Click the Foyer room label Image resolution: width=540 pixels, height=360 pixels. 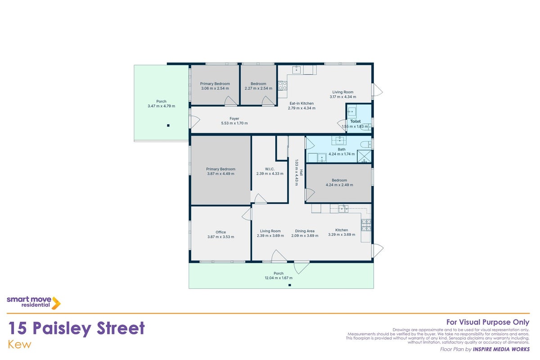[234, 118]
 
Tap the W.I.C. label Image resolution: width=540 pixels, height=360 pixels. [270, 169]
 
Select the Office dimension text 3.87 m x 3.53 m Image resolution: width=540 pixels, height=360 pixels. [221, 237]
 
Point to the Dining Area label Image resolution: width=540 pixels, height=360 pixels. [305, 231]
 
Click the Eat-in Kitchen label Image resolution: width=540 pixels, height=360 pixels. [301, 103]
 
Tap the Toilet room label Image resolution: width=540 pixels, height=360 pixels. [355, 121]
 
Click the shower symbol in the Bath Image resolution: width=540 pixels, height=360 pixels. [364, 156]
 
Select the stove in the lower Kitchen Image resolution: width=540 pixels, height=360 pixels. [366, 225]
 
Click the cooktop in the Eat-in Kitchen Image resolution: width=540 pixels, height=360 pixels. [283, 85]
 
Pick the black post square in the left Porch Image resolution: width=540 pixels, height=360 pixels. [168, 126]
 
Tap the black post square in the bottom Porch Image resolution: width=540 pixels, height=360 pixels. [290, 285]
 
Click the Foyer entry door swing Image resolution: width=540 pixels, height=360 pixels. [195, 122]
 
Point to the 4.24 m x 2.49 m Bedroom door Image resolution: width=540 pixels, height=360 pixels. [310, 194]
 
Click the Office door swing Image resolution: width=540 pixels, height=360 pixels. [247, 214]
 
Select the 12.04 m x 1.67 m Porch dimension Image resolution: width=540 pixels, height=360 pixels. [279, 278]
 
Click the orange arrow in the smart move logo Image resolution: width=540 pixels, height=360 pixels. [56, 303]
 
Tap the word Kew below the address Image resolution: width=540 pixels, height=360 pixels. [19, 345]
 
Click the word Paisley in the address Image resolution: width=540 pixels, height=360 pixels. [62, 328]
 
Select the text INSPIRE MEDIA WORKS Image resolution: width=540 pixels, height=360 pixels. [501, 349]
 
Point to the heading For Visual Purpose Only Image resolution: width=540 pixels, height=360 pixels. [488, 322]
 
